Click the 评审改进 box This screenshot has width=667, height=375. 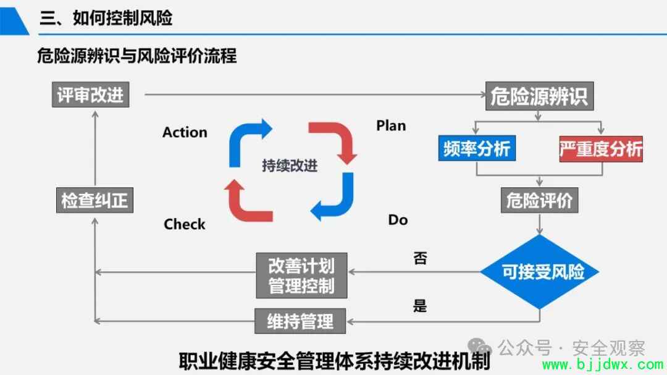91,95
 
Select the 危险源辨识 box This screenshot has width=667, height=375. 539,96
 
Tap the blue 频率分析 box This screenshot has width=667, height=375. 477,148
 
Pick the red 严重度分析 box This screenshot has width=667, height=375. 601,149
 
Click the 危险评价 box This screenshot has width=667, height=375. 539,200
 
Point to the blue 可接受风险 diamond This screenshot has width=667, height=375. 540,272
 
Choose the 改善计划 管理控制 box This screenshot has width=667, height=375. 301,276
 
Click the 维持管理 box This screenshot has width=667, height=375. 300,321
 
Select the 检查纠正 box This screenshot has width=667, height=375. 95,200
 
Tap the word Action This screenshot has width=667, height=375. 185,132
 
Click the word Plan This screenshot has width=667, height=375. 391,125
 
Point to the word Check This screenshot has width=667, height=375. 184,224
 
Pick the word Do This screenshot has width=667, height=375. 398,220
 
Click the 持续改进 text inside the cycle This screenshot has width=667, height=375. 290,166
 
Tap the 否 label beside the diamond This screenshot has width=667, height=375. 421,258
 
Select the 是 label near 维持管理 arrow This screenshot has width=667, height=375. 420,305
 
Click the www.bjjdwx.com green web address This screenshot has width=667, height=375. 603,364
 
